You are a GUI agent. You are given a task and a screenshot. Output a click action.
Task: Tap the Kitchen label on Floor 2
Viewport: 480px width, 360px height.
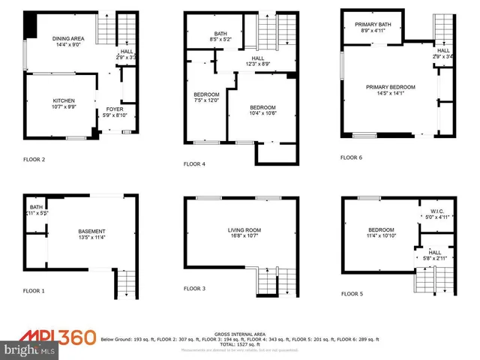[x=64, y=100]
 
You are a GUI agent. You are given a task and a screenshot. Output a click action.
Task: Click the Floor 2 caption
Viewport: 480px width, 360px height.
[x=34, y=160]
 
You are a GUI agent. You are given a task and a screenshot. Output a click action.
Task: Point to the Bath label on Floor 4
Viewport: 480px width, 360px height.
[x=220, y=33]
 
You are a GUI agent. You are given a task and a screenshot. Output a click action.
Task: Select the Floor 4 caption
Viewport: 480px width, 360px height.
[x=195, y=164]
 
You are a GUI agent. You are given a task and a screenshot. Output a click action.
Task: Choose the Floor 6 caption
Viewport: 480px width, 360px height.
[x=351, y=157]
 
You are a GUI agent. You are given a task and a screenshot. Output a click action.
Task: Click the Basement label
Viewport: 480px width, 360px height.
[x=92, y=231]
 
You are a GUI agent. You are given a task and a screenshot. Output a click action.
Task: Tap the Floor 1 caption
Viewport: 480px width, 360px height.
[x=34, y=290]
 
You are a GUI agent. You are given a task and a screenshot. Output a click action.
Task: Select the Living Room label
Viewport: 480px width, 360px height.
[x=244, y=230]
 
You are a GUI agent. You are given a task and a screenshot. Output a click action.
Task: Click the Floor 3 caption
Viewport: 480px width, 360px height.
[x=195, y=288]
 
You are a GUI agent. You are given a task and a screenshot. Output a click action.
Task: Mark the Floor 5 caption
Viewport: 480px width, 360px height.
[x=351, y=294]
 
